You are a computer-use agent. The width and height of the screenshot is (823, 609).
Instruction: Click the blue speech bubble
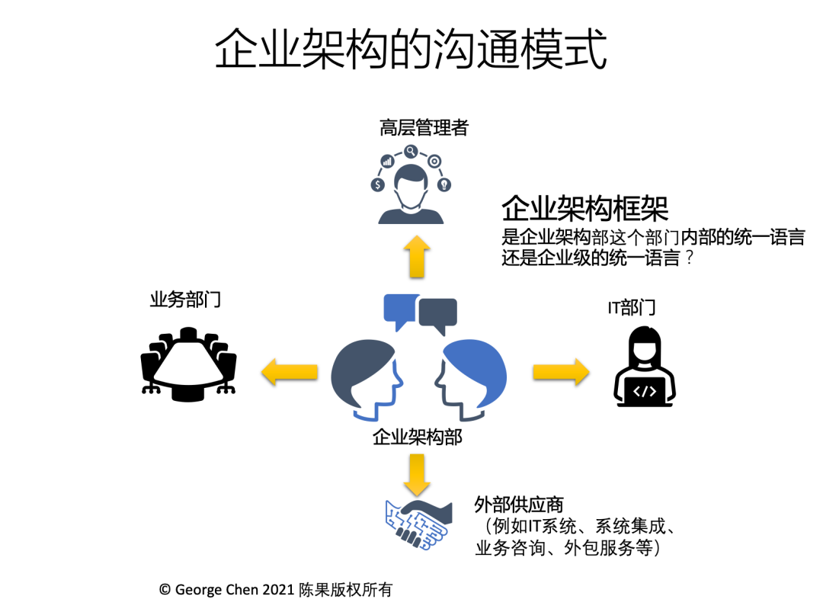coord(399,308)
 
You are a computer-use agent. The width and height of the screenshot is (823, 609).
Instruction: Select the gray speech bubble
coord(437,313)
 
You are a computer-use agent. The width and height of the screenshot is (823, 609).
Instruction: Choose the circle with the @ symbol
coord(434,161)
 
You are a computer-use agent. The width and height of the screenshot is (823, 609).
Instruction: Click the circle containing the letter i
coord(387,161)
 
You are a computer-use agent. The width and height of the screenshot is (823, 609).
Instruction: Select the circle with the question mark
coord(444,184)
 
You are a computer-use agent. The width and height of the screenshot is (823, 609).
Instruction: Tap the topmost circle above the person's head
coord(411,151)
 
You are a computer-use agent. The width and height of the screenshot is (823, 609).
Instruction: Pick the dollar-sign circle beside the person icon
coord(377,184)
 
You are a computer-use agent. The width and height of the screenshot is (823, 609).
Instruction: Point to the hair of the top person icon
coord(411,173)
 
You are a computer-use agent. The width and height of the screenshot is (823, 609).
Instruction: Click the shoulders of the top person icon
coord(411,216)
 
